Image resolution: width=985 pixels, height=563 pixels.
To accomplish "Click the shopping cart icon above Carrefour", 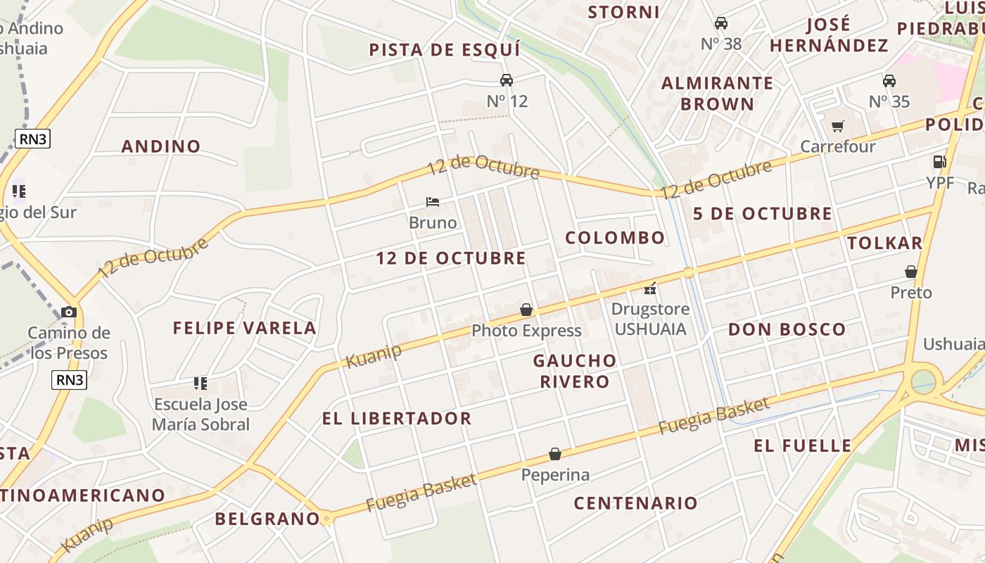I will pos(837,127).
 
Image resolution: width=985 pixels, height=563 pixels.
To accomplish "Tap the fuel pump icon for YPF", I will pos(939,162).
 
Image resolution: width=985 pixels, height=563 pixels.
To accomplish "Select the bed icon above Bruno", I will pos(433,202).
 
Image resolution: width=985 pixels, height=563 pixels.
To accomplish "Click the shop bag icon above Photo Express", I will pos(526,310).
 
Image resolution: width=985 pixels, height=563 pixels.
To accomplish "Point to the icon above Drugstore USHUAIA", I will pos(650,288).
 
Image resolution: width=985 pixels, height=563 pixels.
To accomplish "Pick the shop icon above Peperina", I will pos(555,454).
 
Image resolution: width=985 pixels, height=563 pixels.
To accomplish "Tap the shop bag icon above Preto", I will pos(911,272).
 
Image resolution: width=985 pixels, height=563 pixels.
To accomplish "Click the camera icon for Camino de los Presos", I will pos(69,312).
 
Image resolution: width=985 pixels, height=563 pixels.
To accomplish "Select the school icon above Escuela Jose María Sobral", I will pos(201,384).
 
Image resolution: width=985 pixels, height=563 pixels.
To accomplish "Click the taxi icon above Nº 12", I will pos(507,80).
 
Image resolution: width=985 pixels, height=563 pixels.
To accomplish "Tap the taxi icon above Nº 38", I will pos(721,23).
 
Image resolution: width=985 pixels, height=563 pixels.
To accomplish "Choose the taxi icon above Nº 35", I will pos(889,81).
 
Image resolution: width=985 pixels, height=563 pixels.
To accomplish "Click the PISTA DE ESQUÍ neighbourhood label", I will pos(445,50).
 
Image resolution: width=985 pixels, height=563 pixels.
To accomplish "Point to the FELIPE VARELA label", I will pos(245,328).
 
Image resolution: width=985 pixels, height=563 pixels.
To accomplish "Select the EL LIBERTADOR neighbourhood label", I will pos(397,418).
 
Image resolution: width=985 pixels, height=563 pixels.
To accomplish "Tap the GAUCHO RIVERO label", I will pos(575,371).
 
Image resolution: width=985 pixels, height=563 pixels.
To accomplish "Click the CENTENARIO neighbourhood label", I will pos(635,503).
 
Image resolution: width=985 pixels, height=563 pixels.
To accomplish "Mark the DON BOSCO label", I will pos(787,329).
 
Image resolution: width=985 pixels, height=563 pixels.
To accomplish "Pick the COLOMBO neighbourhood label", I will pos(615,238).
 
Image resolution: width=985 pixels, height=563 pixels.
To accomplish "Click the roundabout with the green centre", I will pos(923,382).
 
